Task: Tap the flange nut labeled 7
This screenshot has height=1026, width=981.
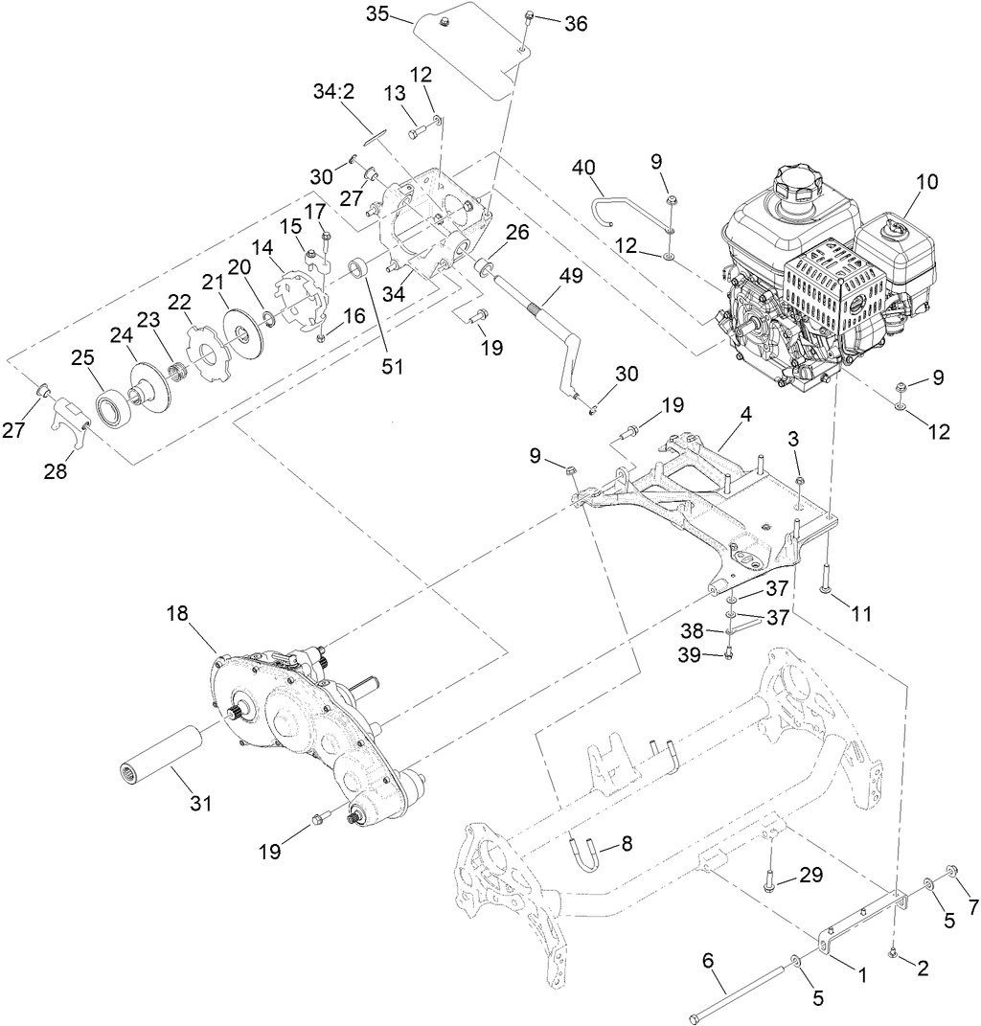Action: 951,869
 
